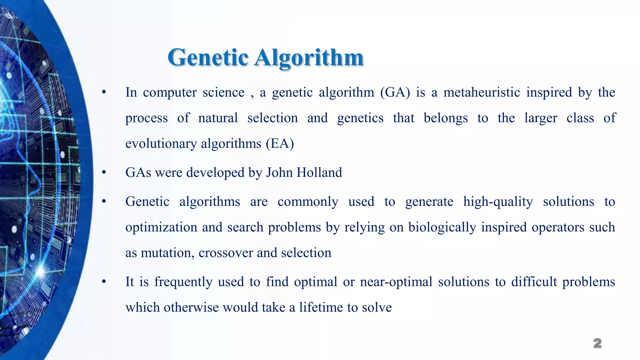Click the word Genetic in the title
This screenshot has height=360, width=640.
(x=208, y=57)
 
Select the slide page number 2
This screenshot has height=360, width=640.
(x=597, y=343)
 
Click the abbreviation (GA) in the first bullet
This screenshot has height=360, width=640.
(x=395, y=92)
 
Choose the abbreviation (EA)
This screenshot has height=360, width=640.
(x=280, y=144)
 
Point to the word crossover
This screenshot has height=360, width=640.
(x=226, y=253)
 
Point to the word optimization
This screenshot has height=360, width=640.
(x=161, y=227)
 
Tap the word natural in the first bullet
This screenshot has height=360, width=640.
(x=218, y=118)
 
